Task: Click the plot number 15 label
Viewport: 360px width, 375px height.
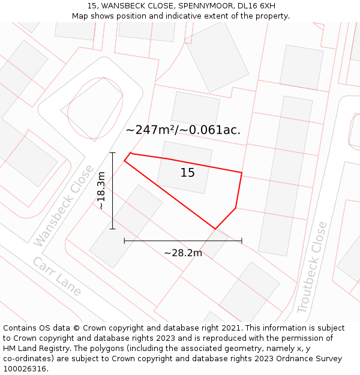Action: coord(188,173)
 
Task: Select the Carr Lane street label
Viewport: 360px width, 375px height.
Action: coord(57,277)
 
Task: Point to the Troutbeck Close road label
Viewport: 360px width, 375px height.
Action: coord(313,268)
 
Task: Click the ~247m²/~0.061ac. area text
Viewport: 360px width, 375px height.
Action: coord(183,130)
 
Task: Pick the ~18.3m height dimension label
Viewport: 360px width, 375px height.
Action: coord(101,191)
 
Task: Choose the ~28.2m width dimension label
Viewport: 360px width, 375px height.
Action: coord(183,253)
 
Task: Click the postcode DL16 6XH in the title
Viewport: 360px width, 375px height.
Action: coord(256,6)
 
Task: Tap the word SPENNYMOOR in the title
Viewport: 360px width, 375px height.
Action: coord(203,6)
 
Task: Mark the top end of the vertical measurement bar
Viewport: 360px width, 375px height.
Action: coord(112,153)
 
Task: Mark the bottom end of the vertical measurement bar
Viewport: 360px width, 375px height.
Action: coord(112,229)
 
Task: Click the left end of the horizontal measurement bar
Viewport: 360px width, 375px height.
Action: coord(124,241)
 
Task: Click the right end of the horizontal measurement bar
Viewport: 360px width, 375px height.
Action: coord(242,241)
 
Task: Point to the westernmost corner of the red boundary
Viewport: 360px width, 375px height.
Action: coord(124,161)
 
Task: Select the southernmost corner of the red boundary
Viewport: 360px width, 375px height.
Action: coord(215,229)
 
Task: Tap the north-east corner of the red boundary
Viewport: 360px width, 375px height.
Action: coord(242,173)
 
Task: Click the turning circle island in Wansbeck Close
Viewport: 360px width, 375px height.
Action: coord(95,109)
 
